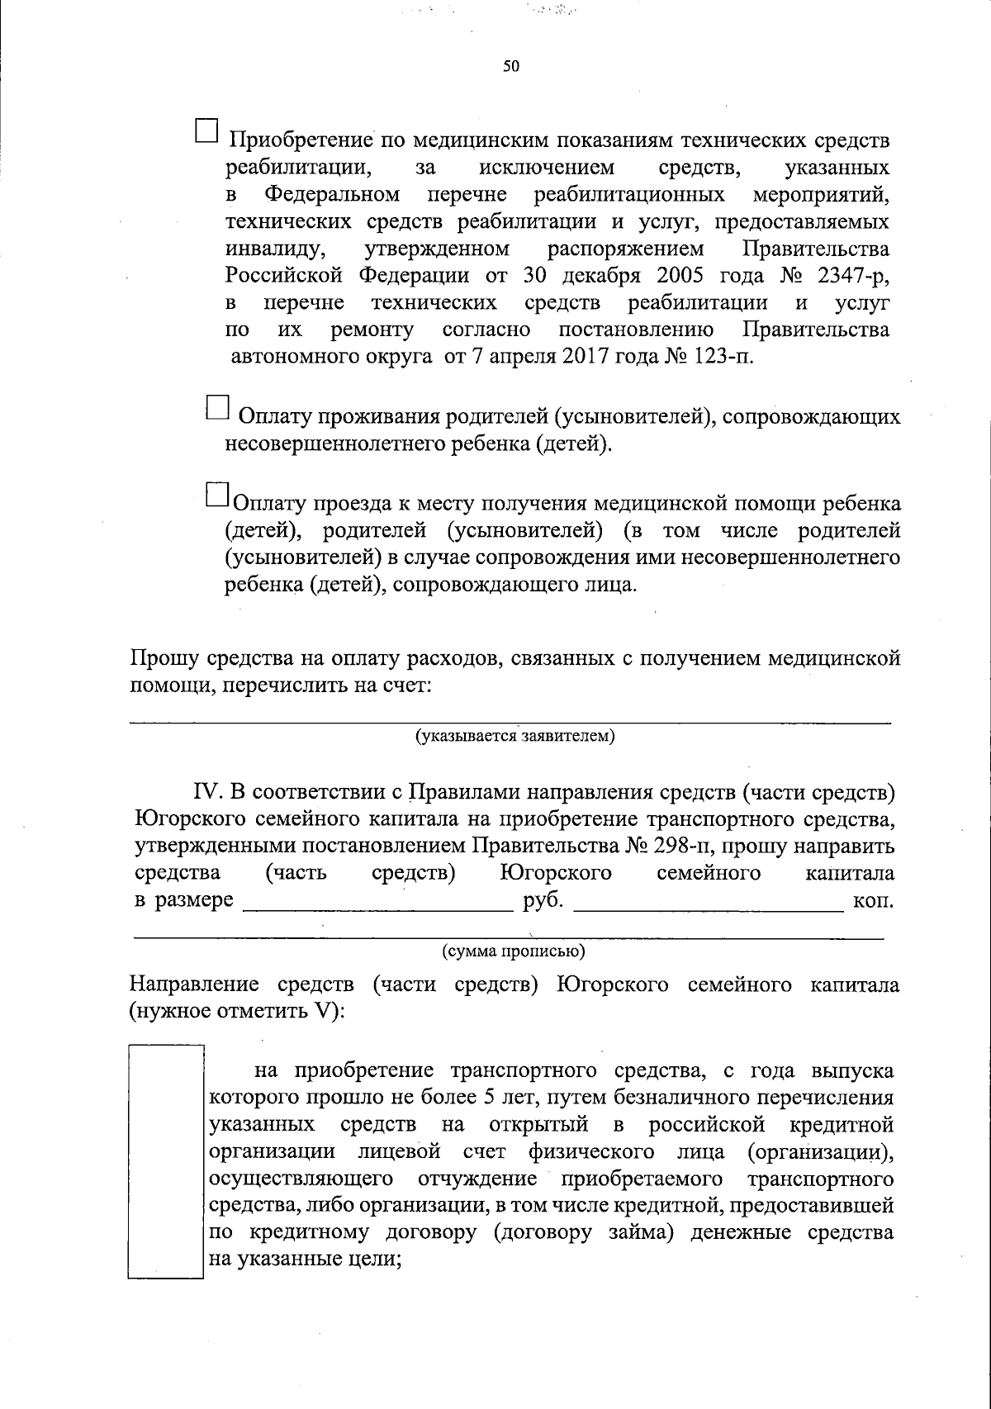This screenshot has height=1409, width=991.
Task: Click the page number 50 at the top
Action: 510,67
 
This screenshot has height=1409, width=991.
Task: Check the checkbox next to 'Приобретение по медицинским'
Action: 207,130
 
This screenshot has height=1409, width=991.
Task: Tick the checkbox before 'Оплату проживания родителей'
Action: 216,409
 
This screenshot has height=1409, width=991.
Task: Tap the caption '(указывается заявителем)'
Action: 515,735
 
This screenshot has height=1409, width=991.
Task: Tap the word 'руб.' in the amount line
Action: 543,900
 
